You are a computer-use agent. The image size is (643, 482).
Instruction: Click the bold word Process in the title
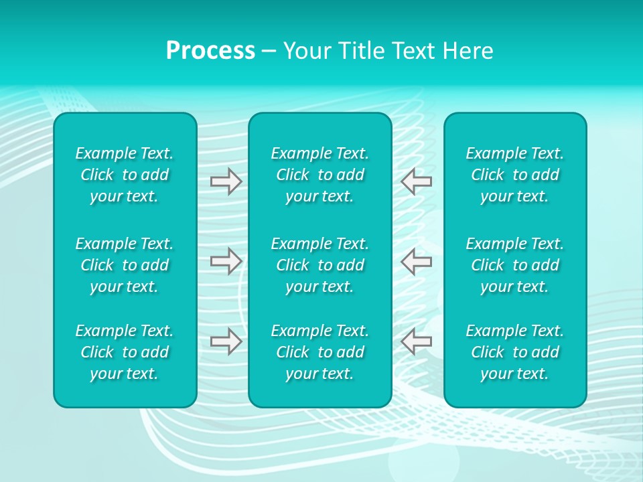(x=210, y=51)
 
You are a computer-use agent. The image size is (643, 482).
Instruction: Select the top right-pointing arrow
(x=226, y=181)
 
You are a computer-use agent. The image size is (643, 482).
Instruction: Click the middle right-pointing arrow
(x=226, y=261)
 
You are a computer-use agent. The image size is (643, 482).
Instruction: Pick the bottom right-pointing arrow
(x=226, y=341)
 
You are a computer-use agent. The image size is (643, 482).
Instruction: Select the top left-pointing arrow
(x=417, y=181)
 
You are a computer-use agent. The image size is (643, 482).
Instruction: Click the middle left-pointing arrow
(x=417, y=261)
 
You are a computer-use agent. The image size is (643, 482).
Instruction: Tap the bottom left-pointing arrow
(x=417, y=341)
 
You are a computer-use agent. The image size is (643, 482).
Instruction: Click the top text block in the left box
(x=125, y=175)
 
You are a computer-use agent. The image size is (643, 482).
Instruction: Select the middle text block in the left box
(x=125, y=265)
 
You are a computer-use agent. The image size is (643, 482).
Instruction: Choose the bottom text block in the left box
(x=125, y=352)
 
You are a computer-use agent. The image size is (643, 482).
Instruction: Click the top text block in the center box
(x=320, y=175)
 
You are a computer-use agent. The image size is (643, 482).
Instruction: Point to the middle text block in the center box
(x=320, y=265)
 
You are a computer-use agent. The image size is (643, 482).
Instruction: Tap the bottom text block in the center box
(x=320, y=352)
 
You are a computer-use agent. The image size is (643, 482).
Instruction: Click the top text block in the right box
(x=515, y=175)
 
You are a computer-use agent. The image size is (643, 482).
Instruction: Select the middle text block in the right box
(x=515, y=265)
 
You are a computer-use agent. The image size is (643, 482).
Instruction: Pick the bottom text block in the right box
(x=515, y=352)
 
